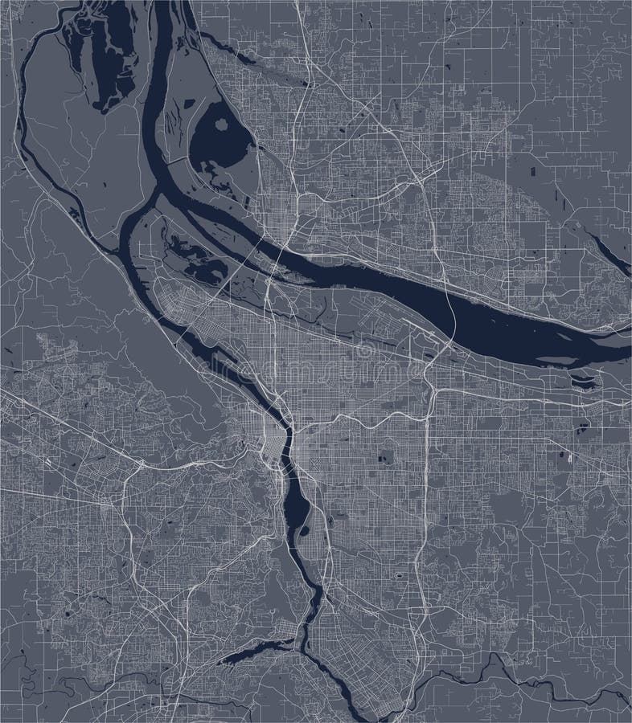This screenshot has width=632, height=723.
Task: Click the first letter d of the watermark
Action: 207,372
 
